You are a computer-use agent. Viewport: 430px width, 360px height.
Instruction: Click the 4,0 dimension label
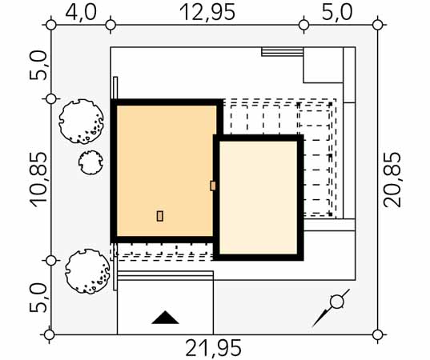pyautogui.click(x=81, y=12)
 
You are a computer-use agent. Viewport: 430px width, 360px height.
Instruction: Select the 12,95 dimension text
pyautogui.click(x=207, y=12)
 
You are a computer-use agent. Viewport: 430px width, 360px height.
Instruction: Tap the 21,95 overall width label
pyautogui.click(x=214, y=348)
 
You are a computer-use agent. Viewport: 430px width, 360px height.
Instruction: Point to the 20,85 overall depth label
pyautogui.click(x=392, y=180)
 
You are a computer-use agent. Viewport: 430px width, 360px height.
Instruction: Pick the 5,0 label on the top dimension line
pyautogui.click(x=337, y=12)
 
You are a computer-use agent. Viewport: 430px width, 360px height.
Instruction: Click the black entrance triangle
pyautogui.click(x=165, y=318)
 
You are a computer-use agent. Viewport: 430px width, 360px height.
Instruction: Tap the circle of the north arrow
pyautogui.click(x=337, y=302)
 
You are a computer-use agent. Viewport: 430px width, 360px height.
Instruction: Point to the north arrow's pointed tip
pyautogui.click(x=312, y=327)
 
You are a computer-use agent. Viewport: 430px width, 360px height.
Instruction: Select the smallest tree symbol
pyautogui.click(x=90, y=162)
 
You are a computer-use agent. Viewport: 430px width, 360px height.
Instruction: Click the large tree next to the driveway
pyautogui.click(x=87, y=271)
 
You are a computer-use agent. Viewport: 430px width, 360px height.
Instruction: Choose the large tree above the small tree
pyautogui.click(x=81, y=122)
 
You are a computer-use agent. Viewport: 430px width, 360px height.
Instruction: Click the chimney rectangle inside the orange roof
pyautogui.click(x=160, y=216)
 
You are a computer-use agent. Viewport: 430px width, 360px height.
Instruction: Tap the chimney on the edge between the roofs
pyautogui.click(x=213, y=186)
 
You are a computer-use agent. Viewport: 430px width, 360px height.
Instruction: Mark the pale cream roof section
pyautogui.click(x=259, y=198)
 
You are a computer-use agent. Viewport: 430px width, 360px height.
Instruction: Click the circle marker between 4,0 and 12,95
pyautogui.click(x=111, y=25)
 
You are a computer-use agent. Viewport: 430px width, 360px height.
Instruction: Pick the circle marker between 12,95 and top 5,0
pyautogui.click(x=303, y=25)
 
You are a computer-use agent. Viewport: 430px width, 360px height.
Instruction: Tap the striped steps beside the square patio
pyautogui.click(x=282, y=51)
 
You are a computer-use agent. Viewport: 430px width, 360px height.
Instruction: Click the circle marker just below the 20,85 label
pyautogui.click(x=378, y=334)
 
